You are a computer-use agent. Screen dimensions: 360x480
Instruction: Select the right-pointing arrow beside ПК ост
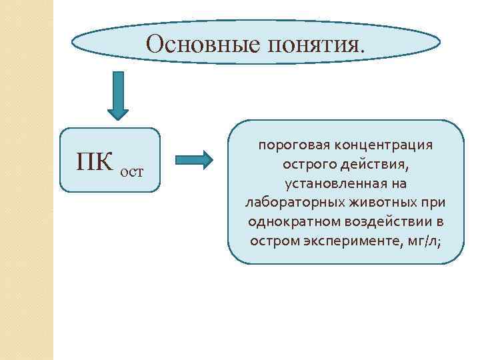[x=194, y=160]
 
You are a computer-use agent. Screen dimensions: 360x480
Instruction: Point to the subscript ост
[x=131, y=171]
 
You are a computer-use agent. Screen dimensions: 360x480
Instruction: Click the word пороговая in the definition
[x=289, y=145]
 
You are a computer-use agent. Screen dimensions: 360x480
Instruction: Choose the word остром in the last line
[x=271, y=239]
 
